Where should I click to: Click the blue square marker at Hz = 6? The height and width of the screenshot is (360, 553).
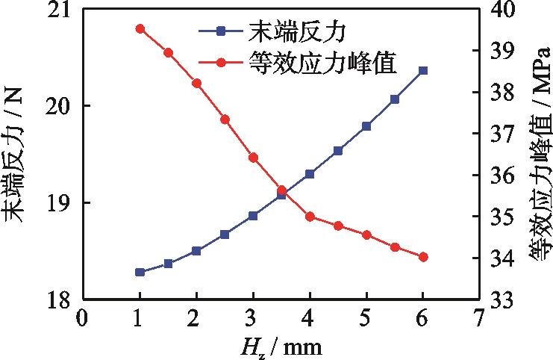point(423,70)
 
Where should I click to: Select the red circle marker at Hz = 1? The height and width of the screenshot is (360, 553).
point(140,28)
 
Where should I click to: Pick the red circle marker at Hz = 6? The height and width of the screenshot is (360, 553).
point(423,257)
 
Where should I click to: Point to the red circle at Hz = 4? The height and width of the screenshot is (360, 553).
point(310,217)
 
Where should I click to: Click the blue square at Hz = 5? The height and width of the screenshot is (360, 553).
point(366,126)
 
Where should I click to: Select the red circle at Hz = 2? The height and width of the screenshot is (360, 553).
point(196,83)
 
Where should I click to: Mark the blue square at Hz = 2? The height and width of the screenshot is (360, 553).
point(196,251)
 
